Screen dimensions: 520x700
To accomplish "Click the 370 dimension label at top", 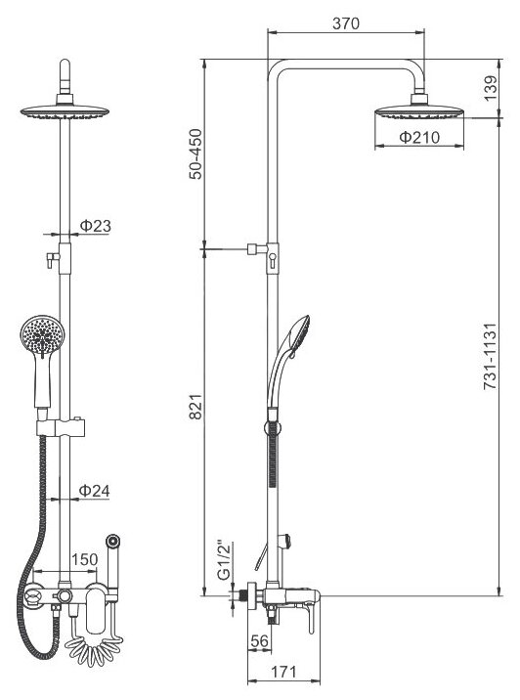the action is (x=345, y=23).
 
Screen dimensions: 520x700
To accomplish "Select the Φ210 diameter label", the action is (x=419, y=138).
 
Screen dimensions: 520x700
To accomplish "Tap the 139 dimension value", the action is (x=490, y=88).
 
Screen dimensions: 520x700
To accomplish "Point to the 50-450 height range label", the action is (x=195, y=154).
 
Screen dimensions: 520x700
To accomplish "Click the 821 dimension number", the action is (x=195, y=407).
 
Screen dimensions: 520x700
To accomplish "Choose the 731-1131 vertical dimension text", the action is (x=490, y=356).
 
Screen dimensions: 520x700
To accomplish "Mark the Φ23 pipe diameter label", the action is (x=96, y=226).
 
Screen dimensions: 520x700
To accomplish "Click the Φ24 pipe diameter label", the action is (x=94, y=491).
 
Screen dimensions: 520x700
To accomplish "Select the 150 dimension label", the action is (x=84, y=559).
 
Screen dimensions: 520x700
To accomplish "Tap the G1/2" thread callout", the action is (x=226, y=561).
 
